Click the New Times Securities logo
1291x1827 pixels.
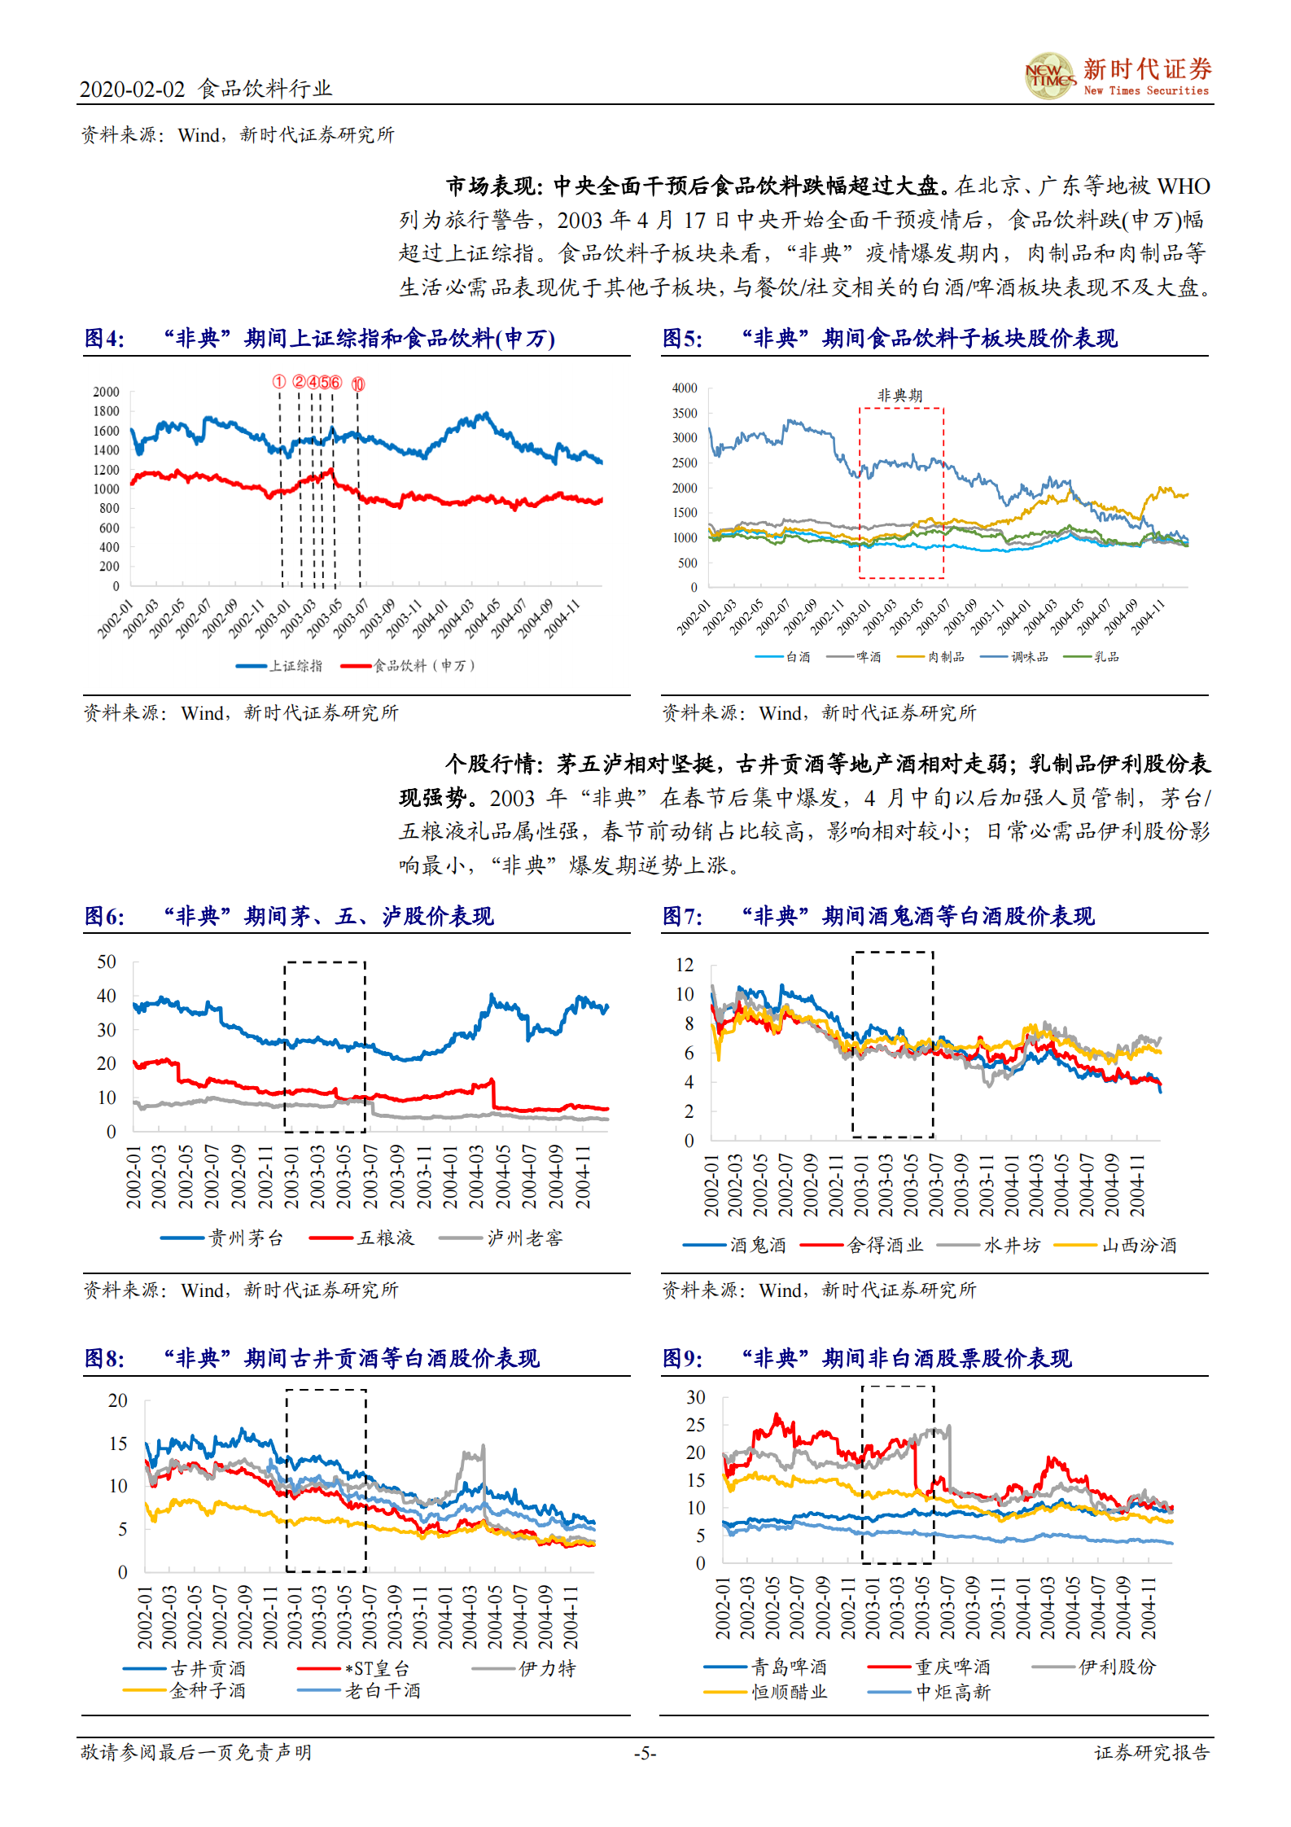pyautogui.click(x=1117, y=77)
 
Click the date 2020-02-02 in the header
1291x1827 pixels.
pyautogui.click(x=132, y=90)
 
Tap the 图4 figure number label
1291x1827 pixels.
pyautogui.click(x=104, y=338)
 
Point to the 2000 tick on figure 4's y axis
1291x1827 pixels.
pyautogui.click(x=106, y=392)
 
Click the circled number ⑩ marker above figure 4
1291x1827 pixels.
pyautogui.click(x=358, y=384)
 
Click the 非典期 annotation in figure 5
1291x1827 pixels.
pyautogui.click(x=899, y=396)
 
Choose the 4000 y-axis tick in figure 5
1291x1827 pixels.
pyautogui.click(x=685, y=388)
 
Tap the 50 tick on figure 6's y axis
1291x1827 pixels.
pyautogui.click(x=107, y=962)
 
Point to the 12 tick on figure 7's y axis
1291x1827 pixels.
pyautogui.click(x=685, y=965)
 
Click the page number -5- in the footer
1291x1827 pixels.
pyautogui.click(x=645, y=1753)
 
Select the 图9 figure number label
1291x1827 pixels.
pyautogui.click(x=682, y=1358)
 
